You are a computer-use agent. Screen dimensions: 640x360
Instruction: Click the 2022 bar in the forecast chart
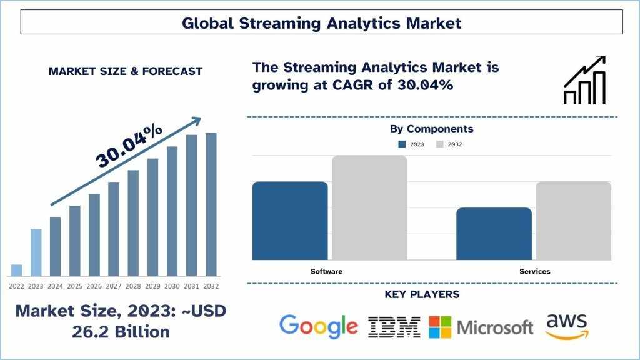coord(16,270)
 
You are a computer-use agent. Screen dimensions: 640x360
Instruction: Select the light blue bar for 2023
coord(36,252)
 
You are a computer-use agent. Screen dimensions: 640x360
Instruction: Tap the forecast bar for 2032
coord(211,204)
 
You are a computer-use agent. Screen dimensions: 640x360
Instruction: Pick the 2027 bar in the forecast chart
coord(114,229)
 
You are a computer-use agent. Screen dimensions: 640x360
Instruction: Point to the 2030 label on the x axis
coord(172,286)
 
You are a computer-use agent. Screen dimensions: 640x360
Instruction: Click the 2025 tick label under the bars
coord(75,286)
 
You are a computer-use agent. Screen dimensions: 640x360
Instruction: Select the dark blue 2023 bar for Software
coord(290,221)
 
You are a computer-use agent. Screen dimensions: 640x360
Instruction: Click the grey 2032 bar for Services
coord(574,221)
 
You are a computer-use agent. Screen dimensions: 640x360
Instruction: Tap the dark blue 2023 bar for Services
coord(494,234)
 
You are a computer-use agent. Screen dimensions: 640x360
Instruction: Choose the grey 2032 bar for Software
coord(370,207)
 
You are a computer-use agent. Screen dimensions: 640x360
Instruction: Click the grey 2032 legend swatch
coord(439,144)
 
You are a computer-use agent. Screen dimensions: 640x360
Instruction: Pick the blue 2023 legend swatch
coord(402,144)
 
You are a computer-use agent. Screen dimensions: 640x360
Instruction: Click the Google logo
coord(319,327)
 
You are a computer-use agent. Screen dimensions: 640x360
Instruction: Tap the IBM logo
coord(394,327)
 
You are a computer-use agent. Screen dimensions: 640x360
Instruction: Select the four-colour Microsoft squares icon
coord(440,327)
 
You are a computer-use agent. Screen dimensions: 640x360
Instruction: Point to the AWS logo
coord(567,326)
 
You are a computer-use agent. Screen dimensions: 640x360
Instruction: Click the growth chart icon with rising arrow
coord(584,80)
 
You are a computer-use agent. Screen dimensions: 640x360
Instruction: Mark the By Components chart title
coord(431,129)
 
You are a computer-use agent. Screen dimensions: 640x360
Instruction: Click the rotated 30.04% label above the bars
coord(129,146)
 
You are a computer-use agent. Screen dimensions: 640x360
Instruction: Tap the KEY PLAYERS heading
coord(422,294)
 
